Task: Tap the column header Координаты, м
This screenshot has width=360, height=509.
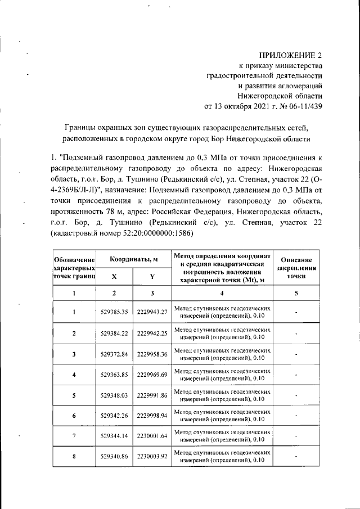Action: pyautogui.click(x=133, y=259)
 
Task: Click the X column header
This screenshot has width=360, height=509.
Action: pyautogui.click(x=114, y=277)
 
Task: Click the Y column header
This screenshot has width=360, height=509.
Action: pyautogui.click(x=152, y=277)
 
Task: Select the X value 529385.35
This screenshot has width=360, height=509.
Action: pyautogui.click(x=114, y=312)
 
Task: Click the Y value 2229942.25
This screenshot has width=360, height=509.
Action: pyautogui.click(x=152, y=334)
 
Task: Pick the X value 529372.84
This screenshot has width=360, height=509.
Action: pyautogui.click(x=114, y=354)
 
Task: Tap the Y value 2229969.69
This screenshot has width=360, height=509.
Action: pyautogui.click(x=152, y=375)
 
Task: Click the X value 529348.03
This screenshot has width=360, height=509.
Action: pyautogui.click(x=114, y=396)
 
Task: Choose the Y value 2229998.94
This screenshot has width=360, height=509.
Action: pyautogui.click(x=152, y=416)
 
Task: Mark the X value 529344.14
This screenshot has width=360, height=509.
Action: pyautogui.click(x=114, y=436)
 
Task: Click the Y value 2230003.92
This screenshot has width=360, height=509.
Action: pyautogui.click(x=152, y=457)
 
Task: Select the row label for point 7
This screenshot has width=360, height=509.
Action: pyautogui.click(x=74, y=436)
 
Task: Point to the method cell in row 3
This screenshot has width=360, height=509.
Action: pyautogui.click(x=222, y=354)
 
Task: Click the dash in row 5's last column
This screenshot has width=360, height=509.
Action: pyautogui.click(x=296, y=396)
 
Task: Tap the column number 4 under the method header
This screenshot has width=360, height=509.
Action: pyautogui.click(x=222, y=293)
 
